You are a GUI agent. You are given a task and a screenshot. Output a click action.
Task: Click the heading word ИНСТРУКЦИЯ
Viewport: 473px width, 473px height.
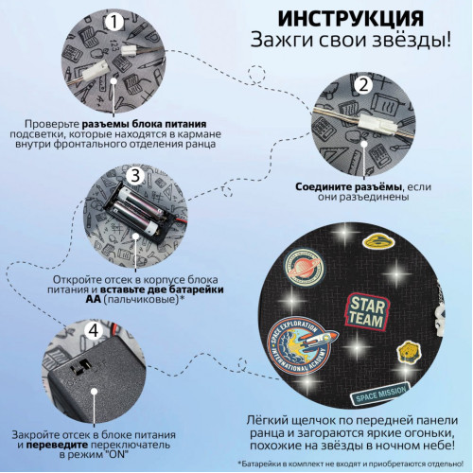coord(351,19)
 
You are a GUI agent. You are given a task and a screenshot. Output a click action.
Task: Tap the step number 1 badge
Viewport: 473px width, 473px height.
coord(114,22)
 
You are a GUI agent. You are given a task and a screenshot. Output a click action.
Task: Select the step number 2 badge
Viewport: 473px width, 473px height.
coord(363,85)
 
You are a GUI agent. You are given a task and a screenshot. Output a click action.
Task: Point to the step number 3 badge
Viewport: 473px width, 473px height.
coord(135,175)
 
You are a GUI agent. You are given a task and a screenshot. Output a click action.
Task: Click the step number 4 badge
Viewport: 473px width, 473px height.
coord(94,331)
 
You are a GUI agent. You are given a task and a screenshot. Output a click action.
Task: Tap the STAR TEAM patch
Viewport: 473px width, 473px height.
coord(367,312)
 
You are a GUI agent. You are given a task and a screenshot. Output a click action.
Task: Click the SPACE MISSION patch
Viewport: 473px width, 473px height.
coord(381,394)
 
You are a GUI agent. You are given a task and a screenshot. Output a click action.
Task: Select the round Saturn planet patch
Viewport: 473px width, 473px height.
coord(304,267)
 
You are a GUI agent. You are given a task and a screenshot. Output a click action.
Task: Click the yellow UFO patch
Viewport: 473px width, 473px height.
coord(378,242)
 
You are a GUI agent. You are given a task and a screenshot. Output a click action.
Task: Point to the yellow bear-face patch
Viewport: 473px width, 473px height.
coord(409,351)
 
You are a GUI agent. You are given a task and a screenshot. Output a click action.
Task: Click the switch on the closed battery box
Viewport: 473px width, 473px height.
coord(80,365)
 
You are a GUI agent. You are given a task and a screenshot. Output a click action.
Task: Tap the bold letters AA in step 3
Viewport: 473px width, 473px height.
coord(93,299)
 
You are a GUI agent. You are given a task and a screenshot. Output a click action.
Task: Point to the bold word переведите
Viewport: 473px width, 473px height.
coord(57,446)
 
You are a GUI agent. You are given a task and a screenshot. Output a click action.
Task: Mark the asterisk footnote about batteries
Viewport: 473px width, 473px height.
coord(351,464)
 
